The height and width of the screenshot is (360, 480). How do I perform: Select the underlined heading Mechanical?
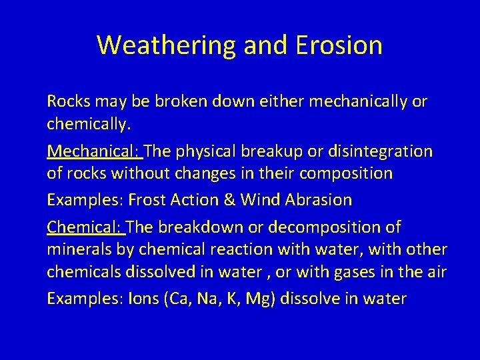(94, 151)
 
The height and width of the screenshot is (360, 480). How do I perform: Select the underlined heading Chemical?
(85, 227)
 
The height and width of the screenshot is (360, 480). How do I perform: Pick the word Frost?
(149, 200)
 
